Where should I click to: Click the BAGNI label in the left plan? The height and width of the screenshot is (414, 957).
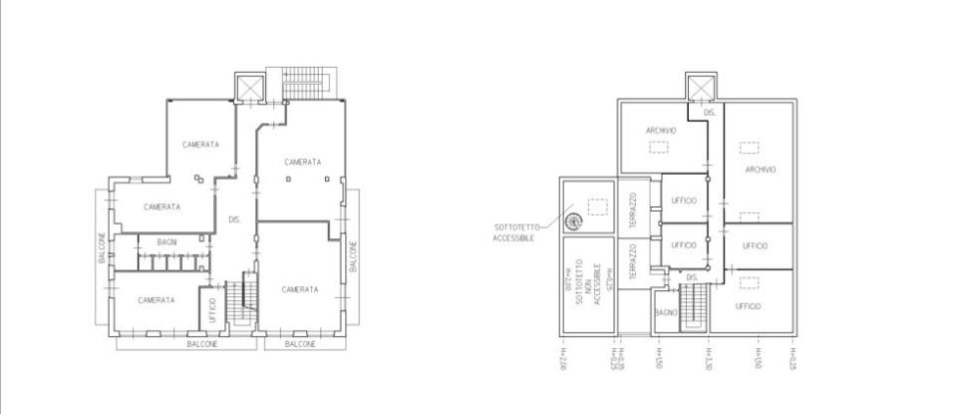point(167,242)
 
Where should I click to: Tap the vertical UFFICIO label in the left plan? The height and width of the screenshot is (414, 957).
point(211,307)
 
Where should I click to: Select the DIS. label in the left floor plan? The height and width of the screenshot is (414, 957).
point(234,219)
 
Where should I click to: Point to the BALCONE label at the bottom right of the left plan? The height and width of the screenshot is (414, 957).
point(300,344)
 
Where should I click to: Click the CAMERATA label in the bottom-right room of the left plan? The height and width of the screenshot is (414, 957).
point(299,289)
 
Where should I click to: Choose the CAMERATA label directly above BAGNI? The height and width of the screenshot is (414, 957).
point(161,207)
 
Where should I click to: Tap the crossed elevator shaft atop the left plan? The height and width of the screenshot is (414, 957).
point(248,86)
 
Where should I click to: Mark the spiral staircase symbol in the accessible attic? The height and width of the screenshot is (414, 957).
point(574,221)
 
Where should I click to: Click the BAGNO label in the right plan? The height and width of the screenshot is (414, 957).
point(666,312)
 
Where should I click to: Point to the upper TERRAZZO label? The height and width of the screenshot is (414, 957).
point(632,210)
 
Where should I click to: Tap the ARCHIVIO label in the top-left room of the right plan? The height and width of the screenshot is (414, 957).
point(661,131)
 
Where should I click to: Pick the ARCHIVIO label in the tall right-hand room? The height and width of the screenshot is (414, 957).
point(760,170)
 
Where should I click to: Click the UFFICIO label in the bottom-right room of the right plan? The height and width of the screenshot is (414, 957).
point(749,305)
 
